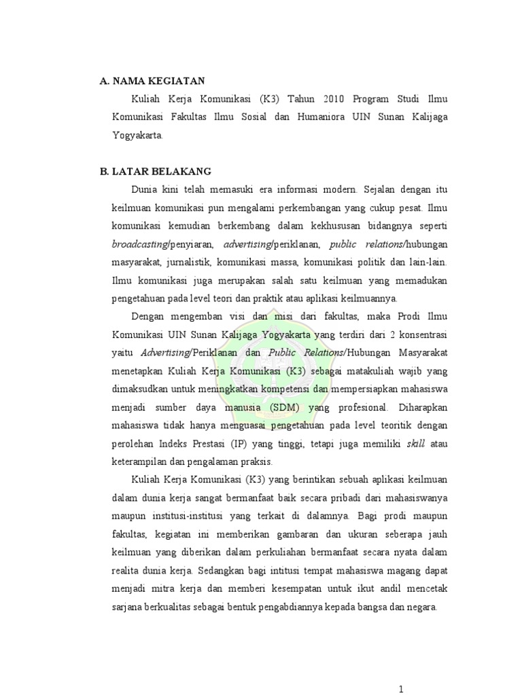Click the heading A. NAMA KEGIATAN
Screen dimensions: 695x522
[152, 81]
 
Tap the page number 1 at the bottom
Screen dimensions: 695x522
[402, 690]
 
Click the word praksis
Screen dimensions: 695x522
[255, 462]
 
